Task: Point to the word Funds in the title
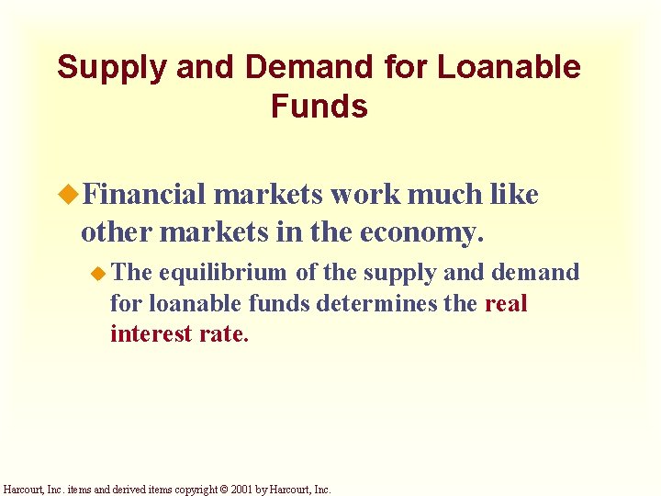point(319,107)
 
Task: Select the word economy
point(422,232)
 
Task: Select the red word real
point(506,303)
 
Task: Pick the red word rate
point(224,333)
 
